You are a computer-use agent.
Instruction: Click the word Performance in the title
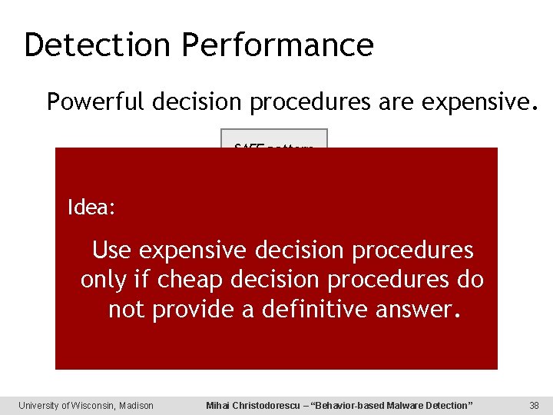pyautogui.click(x=278, y=45)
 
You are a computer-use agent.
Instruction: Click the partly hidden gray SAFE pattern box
pyautogui.click(x=274, y=139)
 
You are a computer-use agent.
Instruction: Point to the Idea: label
pyautogui.click(x=91, y=207)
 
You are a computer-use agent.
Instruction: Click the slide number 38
pyautogui.click(x=534, y=405)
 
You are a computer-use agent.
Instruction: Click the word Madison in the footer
pyautogui.click(x=136, y=405)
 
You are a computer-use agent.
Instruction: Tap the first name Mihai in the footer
pyautogui.click(x=220, y=405)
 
